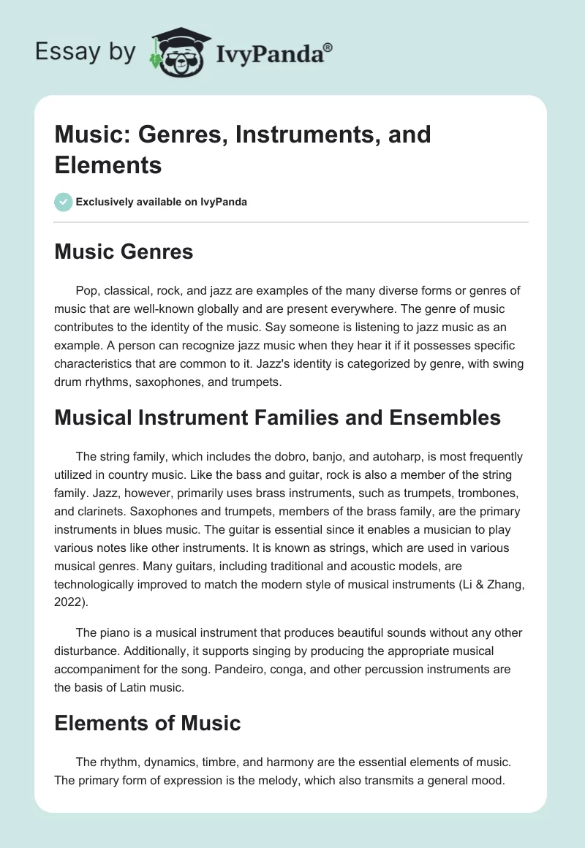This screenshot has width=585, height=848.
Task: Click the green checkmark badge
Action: (x=64, y=202)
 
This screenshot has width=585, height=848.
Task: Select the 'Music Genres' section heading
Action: (x=124, y=252)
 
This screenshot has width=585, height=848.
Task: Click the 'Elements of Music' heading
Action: (x=147, y=723)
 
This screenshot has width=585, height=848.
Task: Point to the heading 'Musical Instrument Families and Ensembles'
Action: (x=277, y=417)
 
